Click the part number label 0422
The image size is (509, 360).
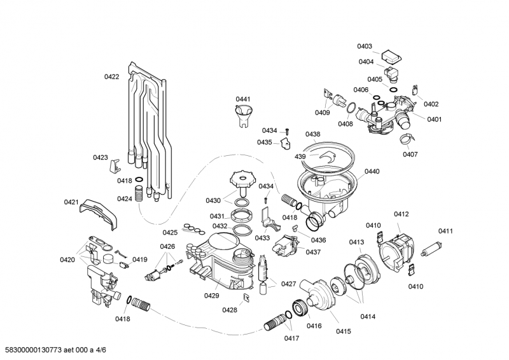point(111,77)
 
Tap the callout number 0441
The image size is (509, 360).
point(243,99)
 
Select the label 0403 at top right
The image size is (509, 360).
point(365,46)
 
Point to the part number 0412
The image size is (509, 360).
point(401,214)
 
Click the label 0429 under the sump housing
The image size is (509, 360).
point(213,296)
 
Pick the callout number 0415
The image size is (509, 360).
point(344,331)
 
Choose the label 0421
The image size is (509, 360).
point(71,202)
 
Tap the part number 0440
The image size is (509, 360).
point(372,172)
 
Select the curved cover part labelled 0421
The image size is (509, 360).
point(102,212)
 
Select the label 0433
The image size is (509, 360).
point(263,237)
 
